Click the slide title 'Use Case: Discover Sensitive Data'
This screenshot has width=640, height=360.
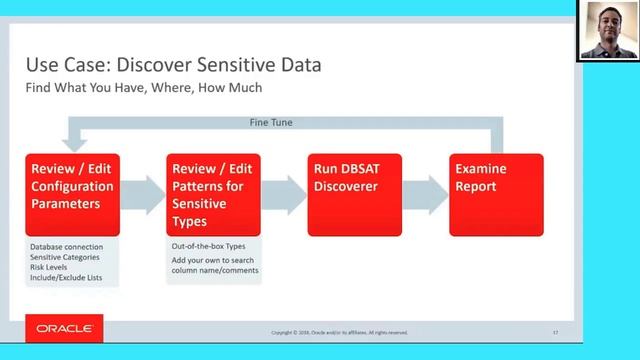[x=173, y=66]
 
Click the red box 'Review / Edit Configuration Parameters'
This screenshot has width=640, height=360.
[x=72, y=194]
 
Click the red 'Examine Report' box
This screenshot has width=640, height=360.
[x=496, y=194]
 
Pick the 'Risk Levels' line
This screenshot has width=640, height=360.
[x=50, y=266]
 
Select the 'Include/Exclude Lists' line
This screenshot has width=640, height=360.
[x=68, y=276]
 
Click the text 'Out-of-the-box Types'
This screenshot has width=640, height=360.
[x=207, y=246]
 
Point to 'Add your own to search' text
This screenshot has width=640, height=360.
[x=212, y=260]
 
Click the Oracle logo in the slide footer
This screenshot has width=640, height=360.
[x=65, y=328]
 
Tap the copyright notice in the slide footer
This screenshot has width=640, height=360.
[x=339, y=332]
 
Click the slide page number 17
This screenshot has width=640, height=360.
[x=556, y=332]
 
